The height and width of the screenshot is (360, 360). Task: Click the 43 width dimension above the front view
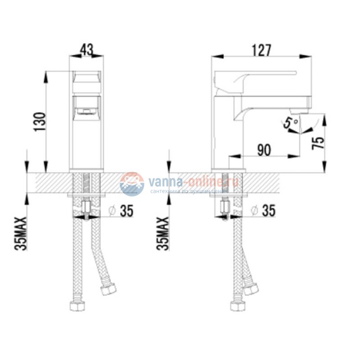86,49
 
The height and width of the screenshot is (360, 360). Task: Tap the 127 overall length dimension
261,49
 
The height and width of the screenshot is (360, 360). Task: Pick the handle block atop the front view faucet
86,81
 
